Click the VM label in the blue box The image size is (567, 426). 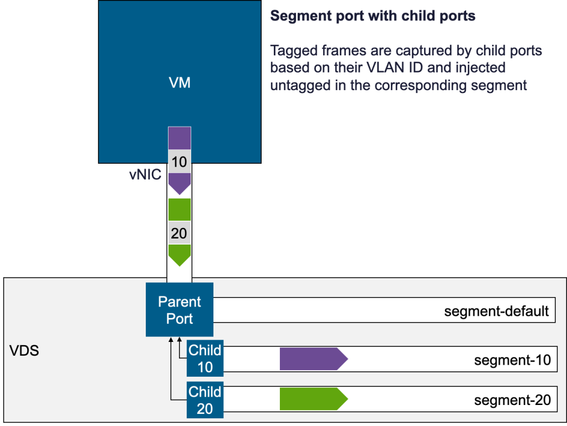pyautogui.click(x=180, y=82)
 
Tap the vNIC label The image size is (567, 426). pyautogui.click(x=145, y=175)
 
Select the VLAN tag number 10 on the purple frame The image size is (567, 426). pyautogui.click(x=180, y=162)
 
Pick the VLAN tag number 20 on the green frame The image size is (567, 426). pyautogui.click(x=180, y=233)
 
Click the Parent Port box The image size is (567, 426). pyautogui.click(x=180, y=310)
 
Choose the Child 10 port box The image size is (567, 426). pyautogui.click(x=205, y=359)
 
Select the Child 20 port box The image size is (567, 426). pyautogui.click(x=205, y=400)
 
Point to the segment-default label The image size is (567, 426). pyautogui.click(x=497, y=311)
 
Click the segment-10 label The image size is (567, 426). pyautogui.click(x=512, y=360)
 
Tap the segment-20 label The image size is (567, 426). pyautogui.click(x=512, y=400)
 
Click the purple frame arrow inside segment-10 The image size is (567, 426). pyautogui.click(x=314, y=359)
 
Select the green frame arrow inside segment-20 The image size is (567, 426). pyautogui.click(x=314, y=399)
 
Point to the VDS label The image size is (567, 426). pyautogui.click(x=24, y=351)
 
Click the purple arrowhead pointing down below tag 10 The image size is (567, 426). pyautogui.click(x=180, y=184)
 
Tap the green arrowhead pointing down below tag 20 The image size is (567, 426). pyautogui.click(x=180, y=255)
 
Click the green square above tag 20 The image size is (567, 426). pyautogui.click(x=180, y=209)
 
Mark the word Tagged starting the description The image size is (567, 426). pyautogui.click(x=294, y=51)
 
